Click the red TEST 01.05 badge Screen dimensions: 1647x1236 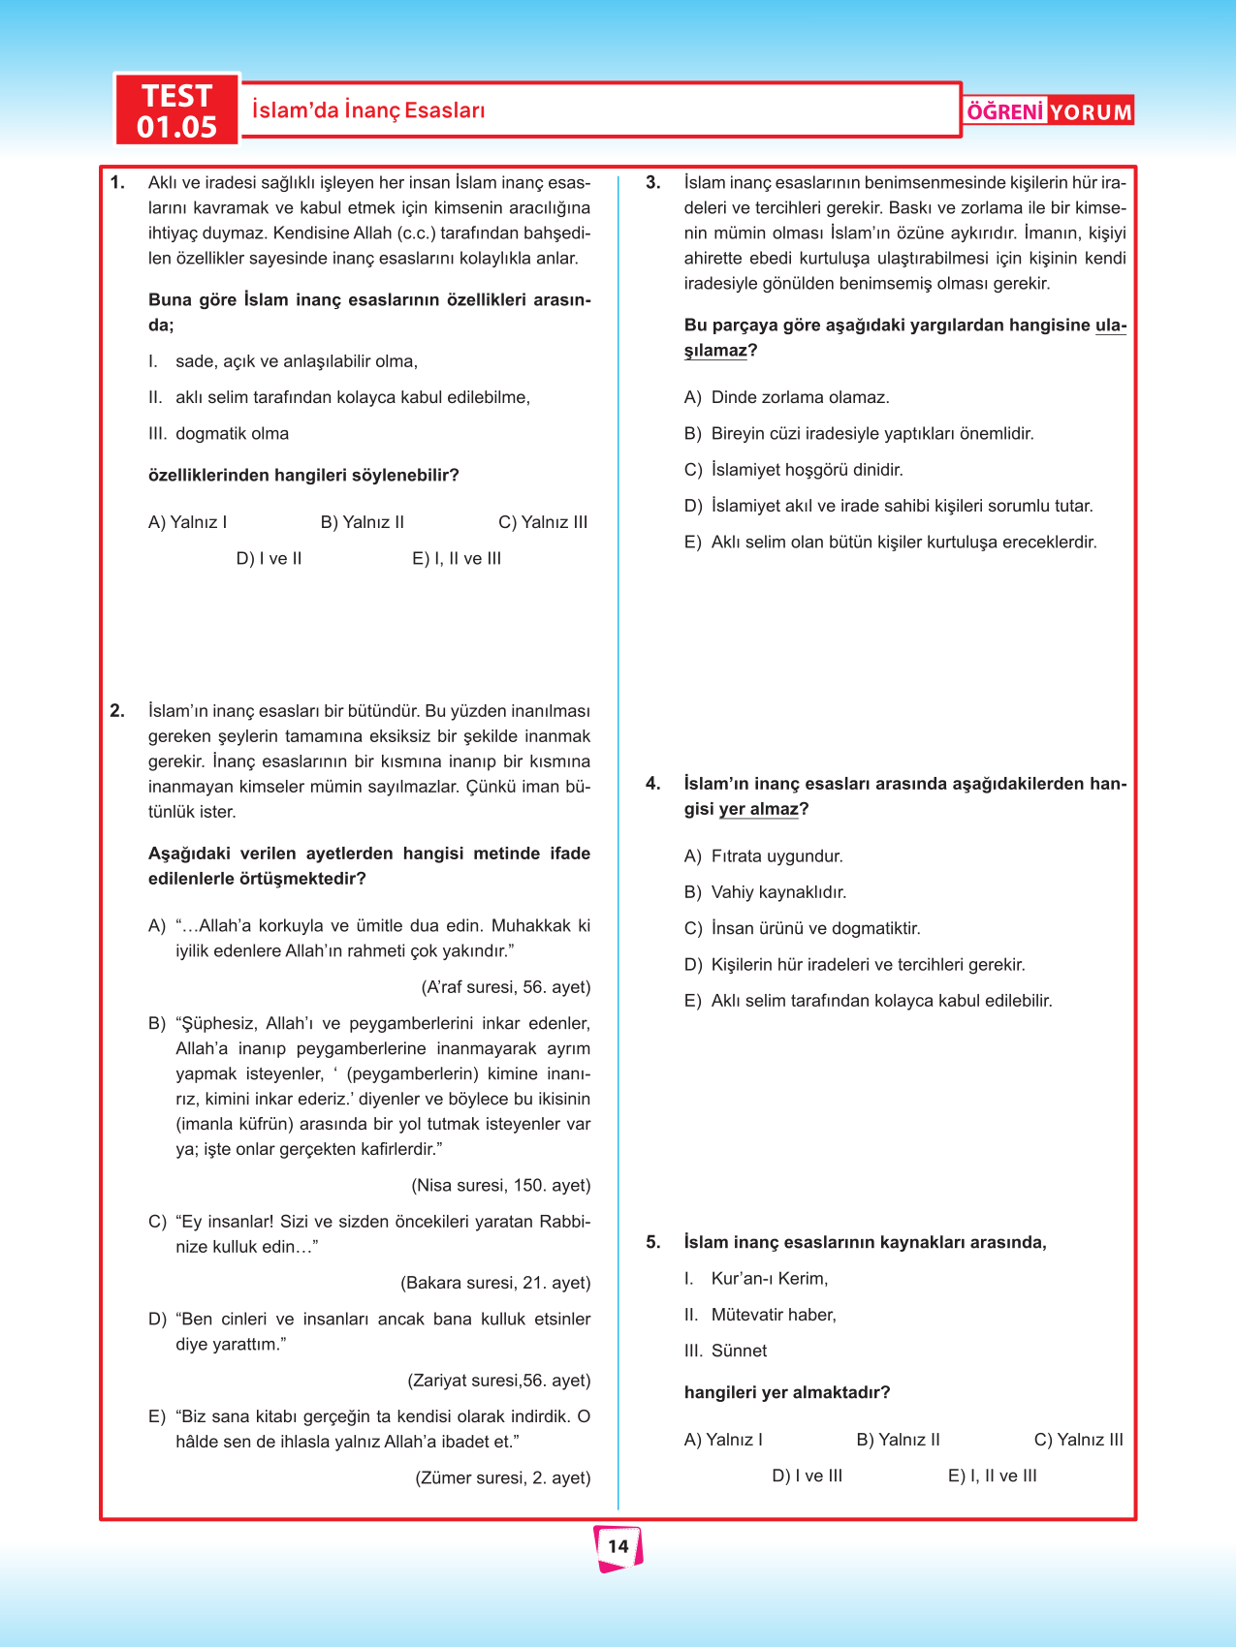point(176,110)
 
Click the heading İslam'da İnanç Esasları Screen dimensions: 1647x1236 point(368,110)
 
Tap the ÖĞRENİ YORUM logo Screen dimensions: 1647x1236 point(1049,111)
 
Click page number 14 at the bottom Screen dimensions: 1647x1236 point(618,1546)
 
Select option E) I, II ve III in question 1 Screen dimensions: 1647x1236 point(457,559)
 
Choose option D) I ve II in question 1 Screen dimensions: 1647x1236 point(269,559)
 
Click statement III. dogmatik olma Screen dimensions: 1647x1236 point(219,434)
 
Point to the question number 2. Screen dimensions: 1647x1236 point(117,711)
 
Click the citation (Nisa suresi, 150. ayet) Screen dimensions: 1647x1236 point(500,1186)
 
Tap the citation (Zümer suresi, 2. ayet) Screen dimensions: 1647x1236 point(502,1478)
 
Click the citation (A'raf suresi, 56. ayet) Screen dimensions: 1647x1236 point(505,987)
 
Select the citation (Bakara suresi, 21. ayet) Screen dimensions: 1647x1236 point(495,1284)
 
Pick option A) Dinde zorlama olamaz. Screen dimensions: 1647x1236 point(786,397)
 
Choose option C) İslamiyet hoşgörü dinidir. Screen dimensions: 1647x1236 point(793,470)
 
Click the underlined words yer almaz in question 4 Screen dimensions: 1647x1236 point(758,810)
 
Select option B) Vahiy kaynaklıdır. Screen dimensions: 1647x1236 point(765,892)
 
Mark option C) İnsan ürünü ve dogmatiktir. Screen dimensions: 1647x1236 point(802,929)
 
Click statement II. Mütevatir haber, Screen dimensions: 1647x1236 point(760,1316)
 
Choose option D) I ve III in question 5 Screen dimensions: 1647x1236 point(807,1476)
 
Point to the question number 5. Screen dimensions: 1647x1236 point(653,1243)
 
